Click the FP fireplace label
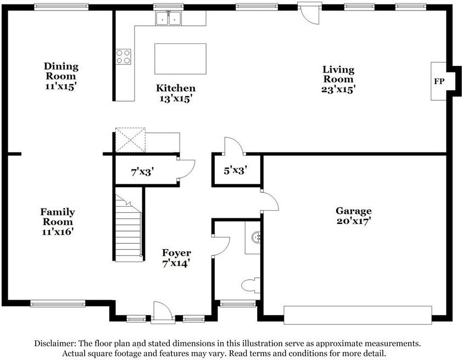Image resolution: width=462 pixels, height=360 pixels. (x=439, y=81)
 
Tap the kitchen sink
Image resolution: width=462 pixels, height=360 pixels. (x=169, y=18)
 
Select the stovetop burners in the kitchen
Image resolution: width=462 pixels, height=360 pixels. (x=123, y=57)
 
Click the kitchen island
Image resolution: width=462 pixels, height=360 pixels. (x=180, y=59)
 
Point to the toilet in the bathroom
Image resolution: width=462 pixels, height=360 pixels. (x=251, y=285)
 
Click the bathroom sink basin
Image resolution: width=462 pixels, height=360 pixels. (x=256, y=237)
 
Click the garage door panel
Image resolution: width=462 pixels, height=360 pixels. (x=358, y=315)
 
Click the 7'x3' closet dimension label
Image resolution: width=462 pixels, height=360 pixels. (x=142, y=172)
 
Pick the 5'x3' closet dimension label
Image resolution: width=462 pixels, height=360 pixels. (x=235, y=170)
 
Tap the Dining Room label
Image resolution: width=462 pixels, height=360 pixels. (x=61, y=71)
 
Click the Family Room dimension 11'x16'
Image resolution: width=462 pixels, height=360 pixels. (x=58, y=232)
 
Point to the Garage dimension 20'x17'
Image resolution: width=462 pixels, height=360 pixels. (x=354, y=221)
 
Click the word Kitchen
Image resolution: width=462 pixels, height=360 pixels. (x=176, y=88)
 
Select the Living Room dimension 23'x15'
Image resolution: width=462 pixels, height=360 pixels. (x=338, y=89)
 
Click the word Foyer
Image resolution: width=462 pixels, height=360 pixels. (x=176, y=253)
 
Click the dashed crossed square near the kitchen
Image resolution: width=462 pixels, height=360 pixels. (x=130, y=140)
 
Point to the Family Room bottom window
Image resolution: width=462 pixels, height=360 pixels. (x=58, y=303)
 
